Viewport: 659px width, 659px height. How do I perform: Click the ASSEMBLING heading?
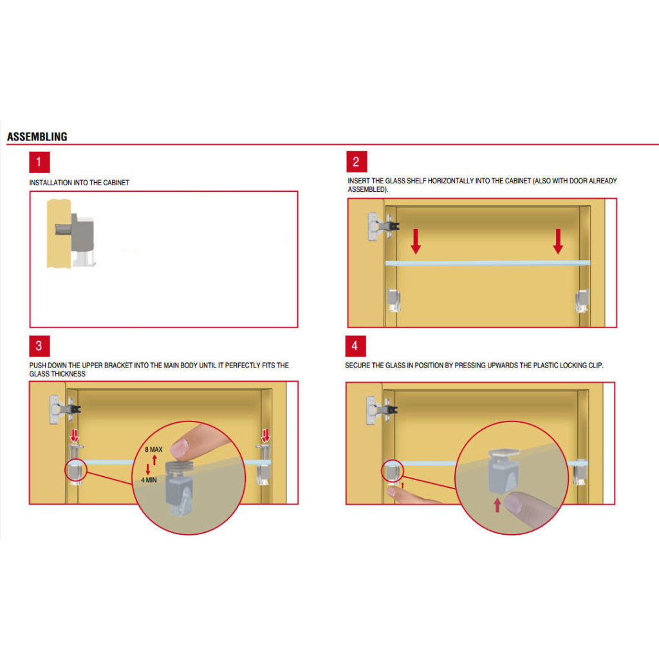point(37,136)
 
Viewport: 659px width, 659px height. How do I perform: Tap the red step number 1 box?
point(39,162)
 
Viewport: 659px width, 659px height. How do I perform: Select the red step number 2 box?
point(357,162)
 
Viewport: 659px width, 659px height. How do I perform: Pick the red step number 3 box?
point(39,346)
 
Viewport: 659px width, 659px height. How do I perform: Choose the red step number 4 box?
point(355,346)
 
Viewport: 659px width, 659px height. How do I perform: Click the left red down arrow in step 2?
point(416,241)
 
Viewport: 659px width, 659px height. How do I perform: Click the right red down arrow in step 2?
point(558,241)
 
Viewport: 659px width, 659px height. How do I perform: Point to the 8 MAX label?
point(153,449)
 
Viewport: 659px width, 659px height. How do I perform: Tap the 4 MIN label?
point(149,480)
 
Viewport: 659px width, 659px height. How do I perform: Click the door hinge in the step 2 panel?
point(382,227)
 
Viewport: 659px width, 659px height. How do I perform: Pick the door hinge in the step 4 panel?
point(381,410)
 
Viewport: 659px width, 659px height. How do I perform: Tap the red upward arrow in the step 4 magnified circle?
point(497,505)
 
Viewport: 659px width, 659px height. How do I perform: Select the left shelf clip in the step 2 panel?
point(393,300)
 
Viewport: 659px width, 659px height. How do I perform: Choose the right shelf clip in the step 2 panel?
point(582,301)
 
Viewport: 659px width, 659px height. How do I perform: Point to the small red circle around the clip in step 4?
point(392,470)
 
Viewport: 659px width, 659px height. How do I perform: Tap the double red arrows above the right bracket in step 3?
point(266,436)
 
